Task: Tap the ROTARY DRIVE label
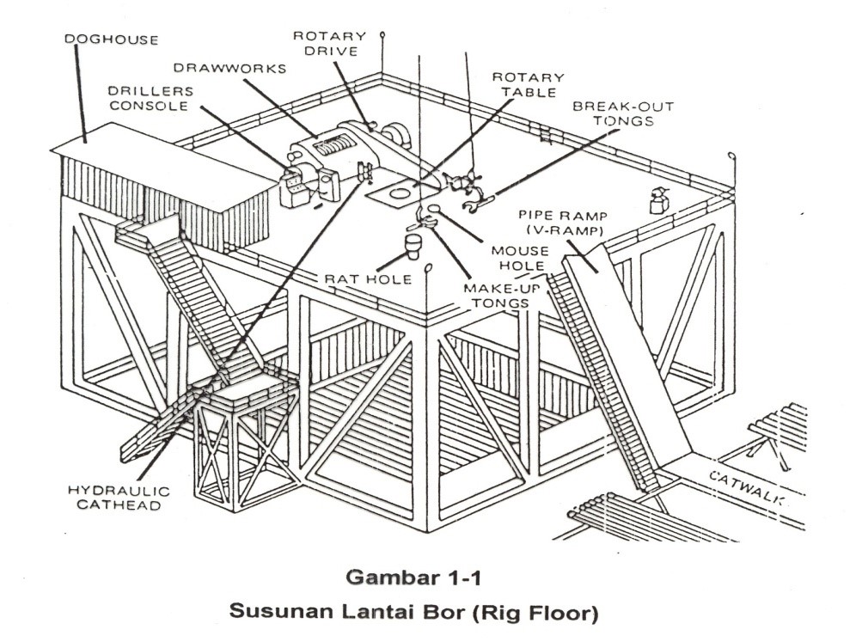pos(329,44)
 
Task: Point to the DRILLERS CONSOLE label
pos(150,98)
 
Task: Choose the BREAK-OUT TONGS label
pos(623,113)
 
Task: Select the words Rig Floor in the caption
pos(548,614)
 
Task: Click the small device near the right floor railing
pos(660,200)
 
